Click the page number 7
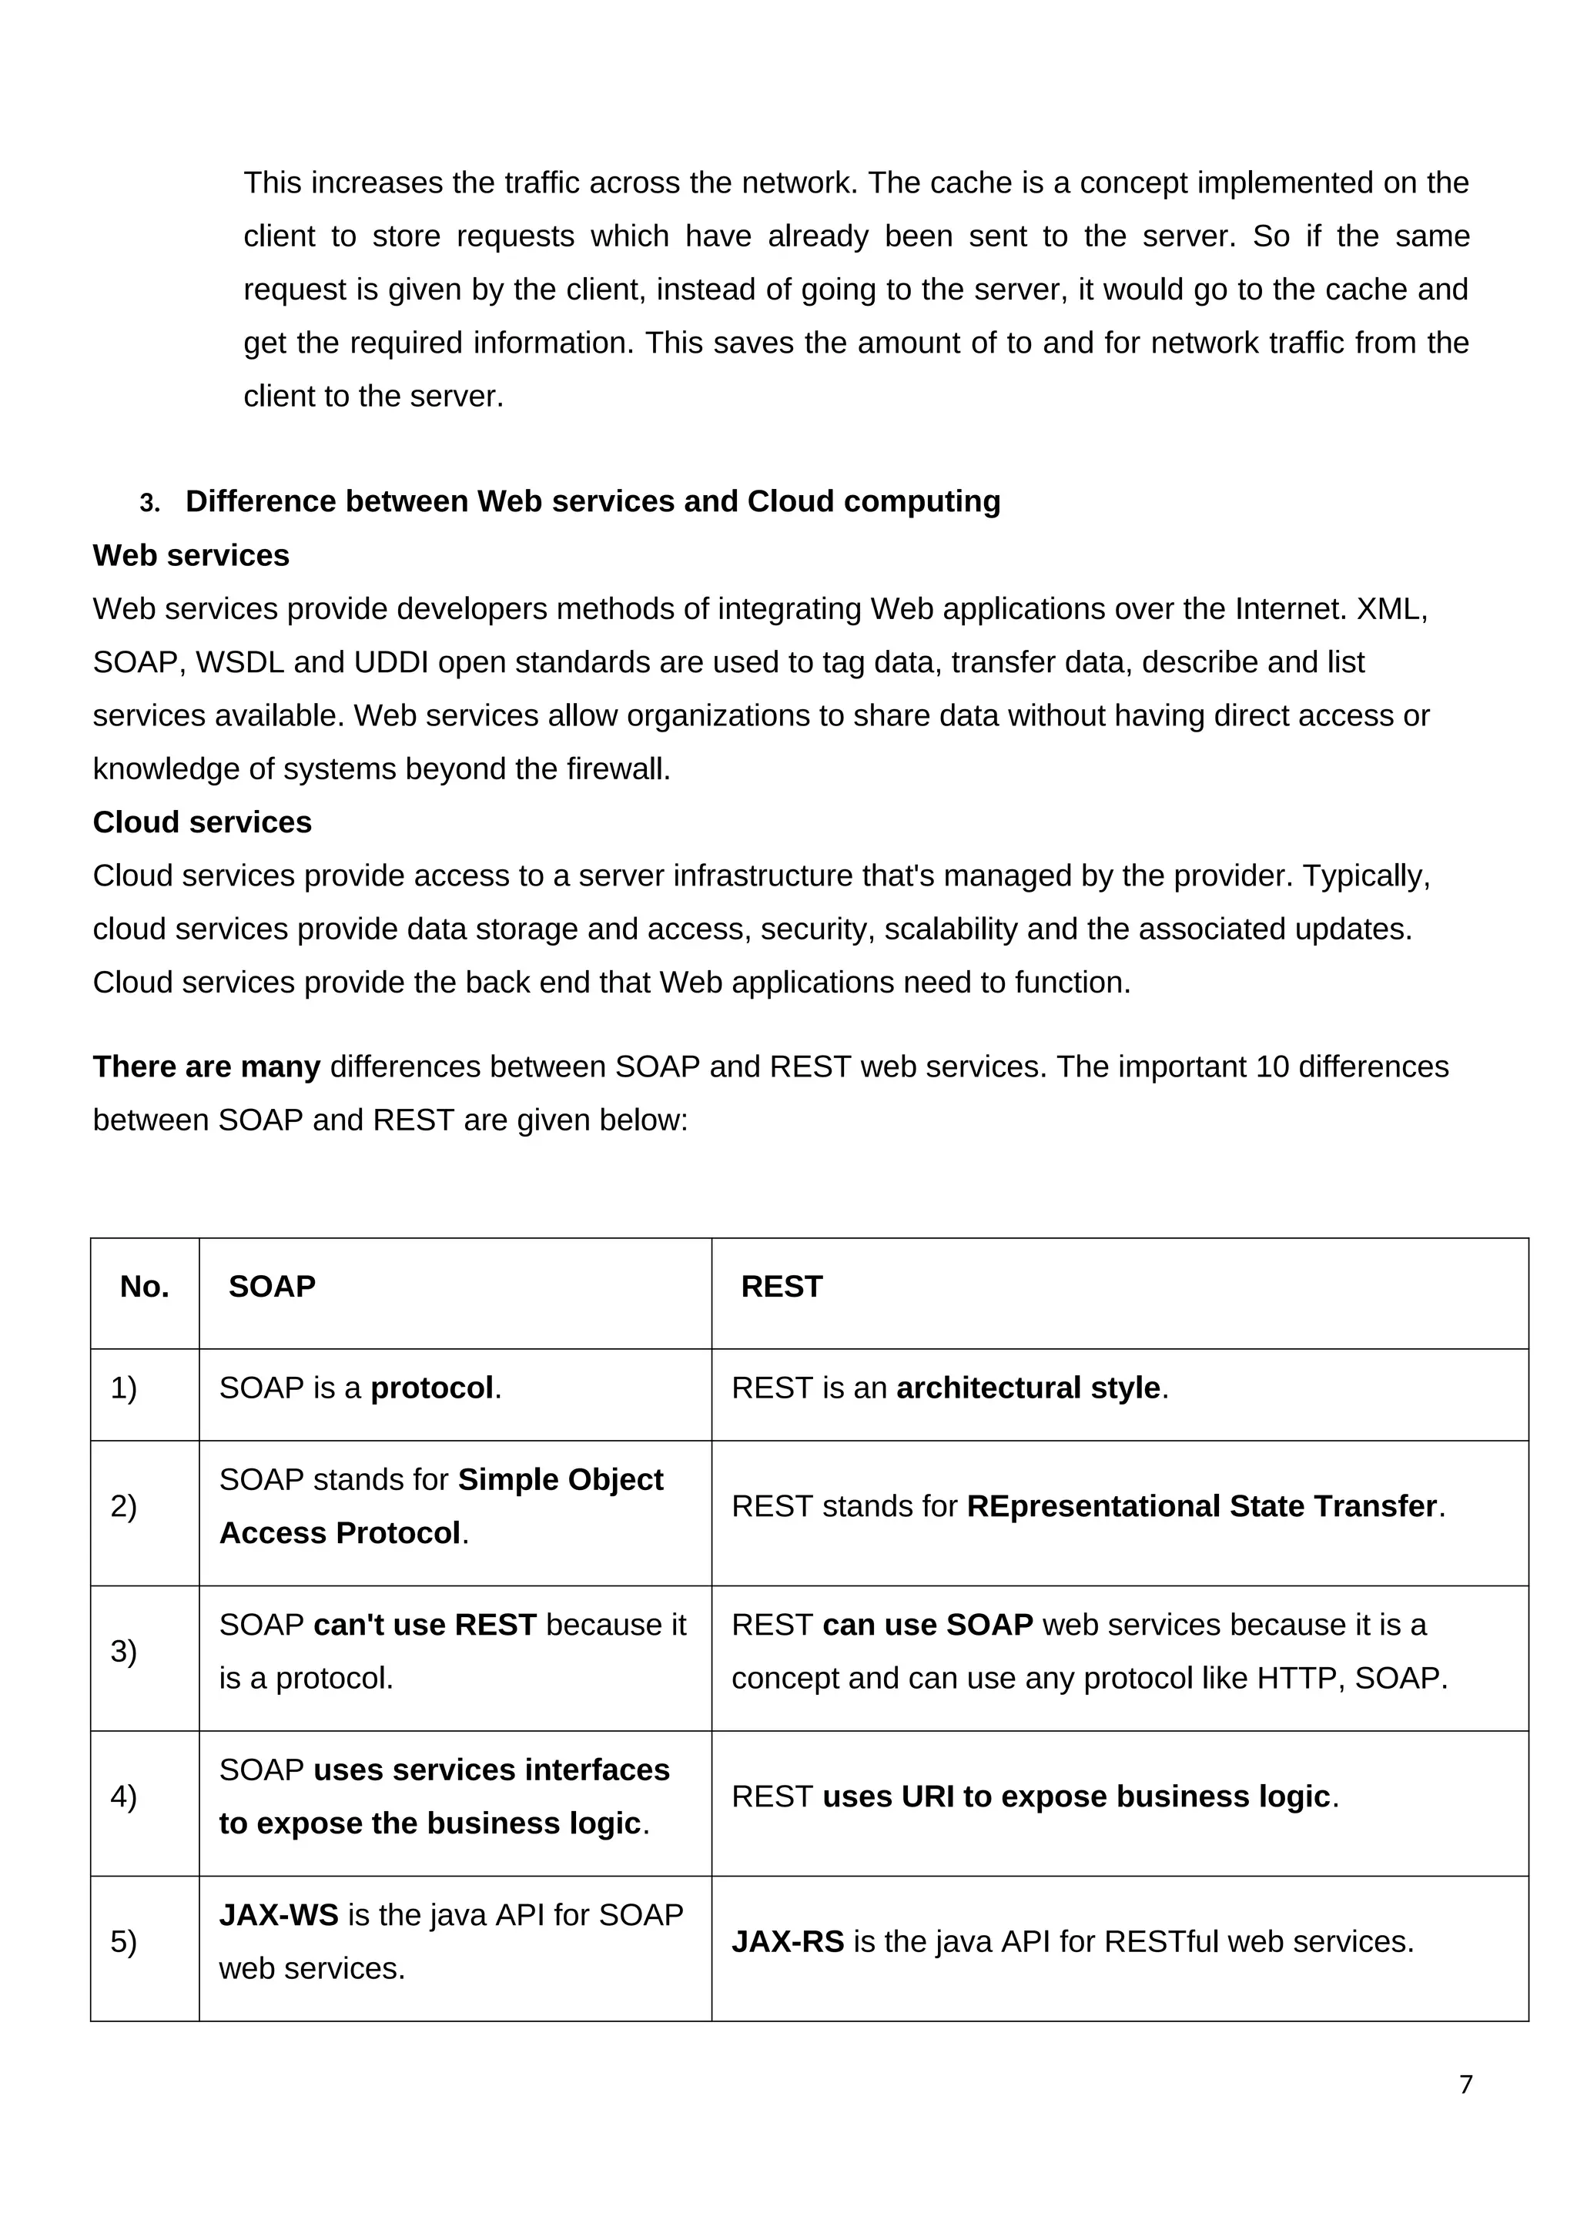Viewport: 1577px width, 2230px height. click(x=1465, y=2084)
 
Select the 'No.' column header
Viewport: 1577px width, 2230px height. click(x=145, y=1287)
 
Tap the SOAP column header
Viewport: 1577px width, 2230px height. click(x=272, y=1287)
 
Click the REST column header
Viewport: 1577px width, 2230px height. click(x=781, y=1287)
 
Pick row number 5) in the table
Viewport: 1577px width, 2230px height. click(x=123, y=1941)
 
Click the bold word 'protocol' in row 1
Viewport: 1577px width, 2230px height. click(x=432, y=1388)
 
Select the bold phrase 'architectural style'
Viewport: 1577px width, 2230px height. click(x=1028, y=1388)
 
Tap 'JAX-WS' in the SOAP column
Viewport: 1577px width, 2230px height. click(x=279, y=1914)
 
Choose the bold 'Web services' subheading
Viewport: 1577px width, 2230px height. click(x=191, y=555)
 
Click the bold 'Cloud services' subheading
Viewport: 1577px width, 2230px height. click(x=202, y=822)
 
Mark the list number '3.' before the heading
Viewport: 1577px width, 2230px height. click(x=149, y=503)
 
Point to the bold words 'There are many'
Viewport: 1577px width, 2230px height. click(x=206, y=1067)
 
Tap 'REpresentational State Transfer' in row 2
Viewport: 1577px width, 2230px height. click(x=1201, y=1506)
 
